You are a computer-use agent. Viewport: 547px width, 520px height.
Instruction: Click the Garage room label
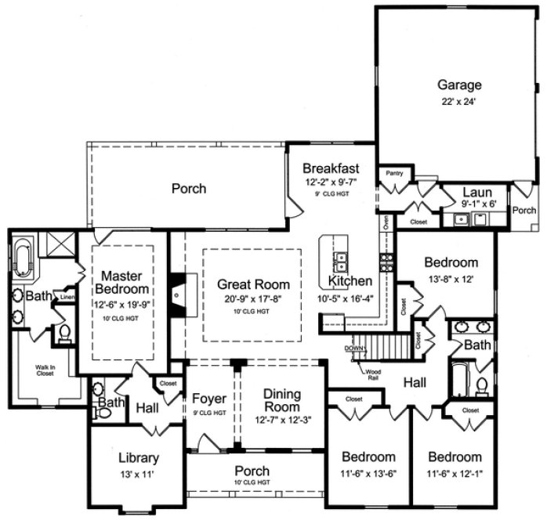pyautogui.click(x=459, y=85)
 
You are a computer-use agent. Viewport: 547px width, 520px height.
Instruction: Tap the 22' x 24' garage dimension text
pyautogui.click(x=459, y=100)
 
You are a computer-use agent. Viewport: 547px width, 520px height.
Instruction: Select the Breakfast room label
pyautogui.click(x=331, y=168)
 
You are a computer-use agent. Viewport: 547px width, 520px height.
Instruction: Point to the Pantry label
pyautogui.click(x=393, y=173)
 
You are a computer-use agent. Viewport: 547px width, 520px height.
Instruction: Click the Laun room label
pyautogui.click(x=476, y=192)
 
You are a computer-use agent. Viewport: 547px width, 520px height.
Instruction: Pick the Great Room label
pyautogui.click(x=253, y=285)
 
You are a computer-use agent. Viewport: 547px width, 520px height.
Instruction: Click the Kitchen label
pyautogui.click(x=350, y=280)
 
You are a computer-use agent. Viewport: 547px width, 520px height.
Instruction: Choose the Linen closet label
pyautogui.click(x=67, y=298)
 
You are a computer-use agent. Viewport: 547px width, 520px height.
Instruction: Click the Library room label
pyautogui.click(x=139, y=458)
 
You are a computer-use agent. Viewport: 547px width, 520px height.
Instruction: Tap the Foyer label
pyautogui.click(x=209, y=399)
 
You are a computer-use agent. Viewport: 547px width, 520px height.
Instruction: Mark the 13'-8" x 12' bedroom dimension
pyautogui.click(x=451, y=277)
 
